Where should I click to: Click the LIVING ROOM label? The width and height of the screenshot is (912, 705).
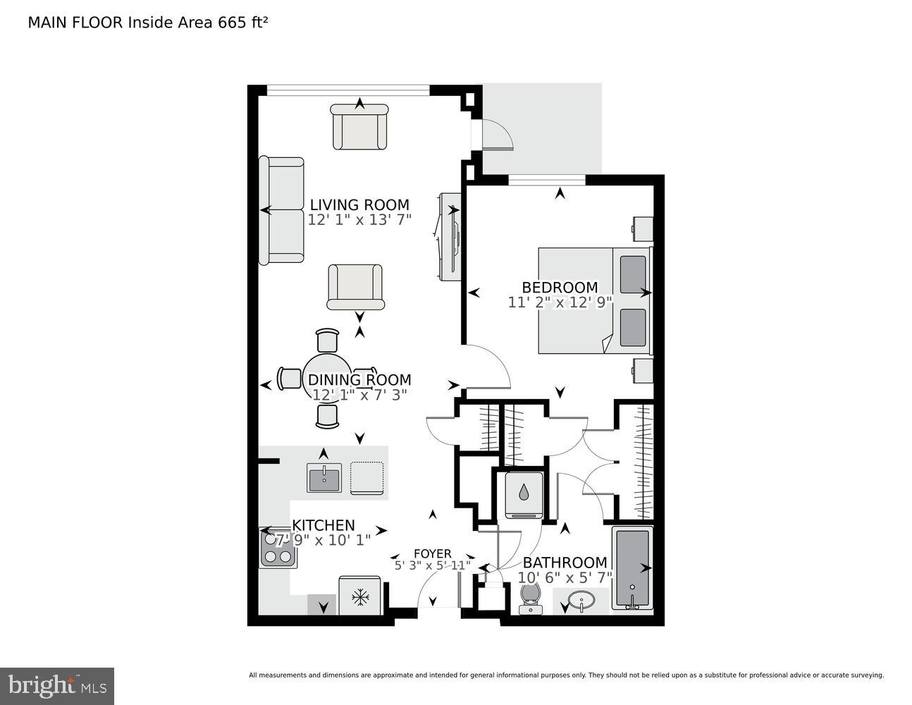point(359,205)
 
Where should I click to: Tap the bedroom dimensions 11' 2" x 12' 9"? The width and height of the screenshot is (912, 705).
point(560,302)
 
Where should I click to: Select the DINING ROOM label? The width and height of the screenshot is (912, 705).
point(359,380)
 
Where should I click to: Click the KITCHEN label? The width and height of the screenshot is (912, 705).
point(323,525)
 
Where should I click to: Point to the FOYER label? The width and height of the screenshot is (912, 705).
point(432,553)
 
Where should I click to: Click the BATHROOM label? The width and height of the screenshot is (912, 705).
point(565,563)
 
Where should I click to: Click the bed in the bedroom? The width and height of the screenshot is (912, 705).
point(594,300)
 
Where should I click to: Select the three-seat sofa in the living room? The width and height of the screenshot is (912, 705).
point(281,211)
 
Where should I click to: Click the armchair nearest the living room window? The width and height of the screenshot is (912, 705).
point(360,127)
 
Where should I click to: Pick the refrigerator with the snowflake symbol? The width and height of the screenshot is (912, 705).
point(360,598)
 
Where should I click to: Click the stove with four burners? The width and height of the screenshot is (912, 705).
point(277,548)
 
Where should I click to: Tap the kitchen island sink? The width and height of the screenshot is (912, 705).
point(324,479)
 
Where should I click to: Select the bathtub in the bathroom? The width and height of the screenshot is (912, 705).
point(632,568)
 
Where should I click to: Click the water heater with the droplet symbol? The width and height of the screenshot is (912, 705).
point(523,494)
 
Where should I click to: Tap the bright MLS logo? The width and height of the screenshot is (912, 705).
point(57,685)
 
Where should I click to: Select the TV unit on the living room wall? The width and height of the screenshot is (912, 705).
point(448,236)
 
